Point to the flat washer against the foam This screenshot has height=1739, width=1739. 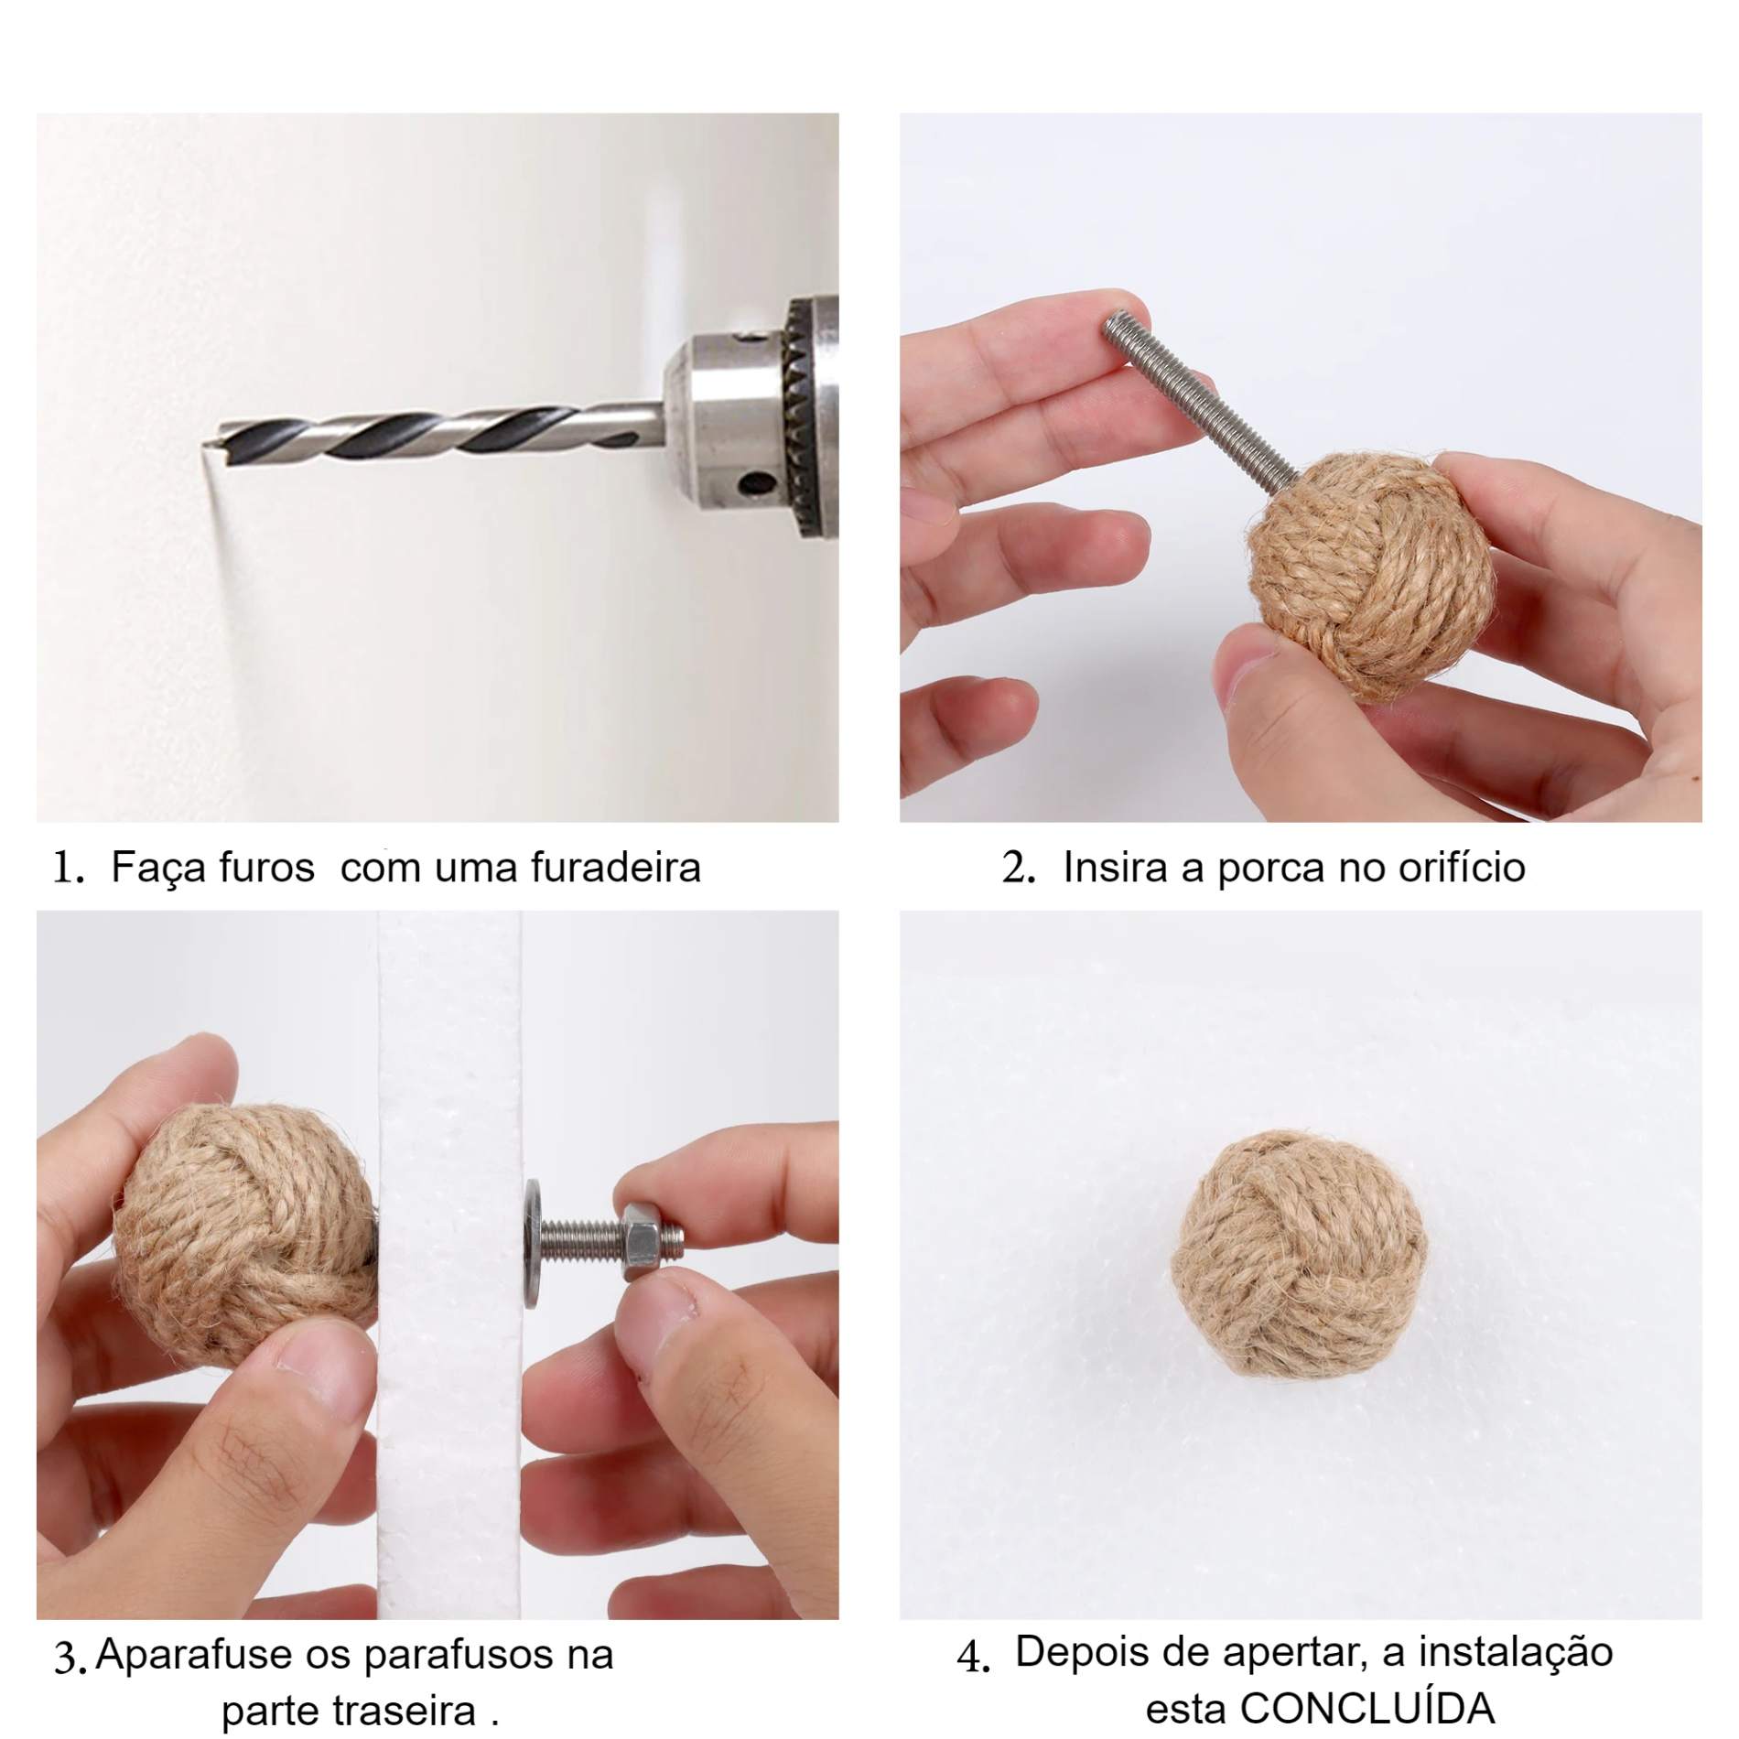[532, 1241]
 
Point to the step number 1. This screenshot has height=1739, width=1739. [68, 868]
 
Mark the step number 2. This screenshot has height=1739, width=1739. [1018, 868]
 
